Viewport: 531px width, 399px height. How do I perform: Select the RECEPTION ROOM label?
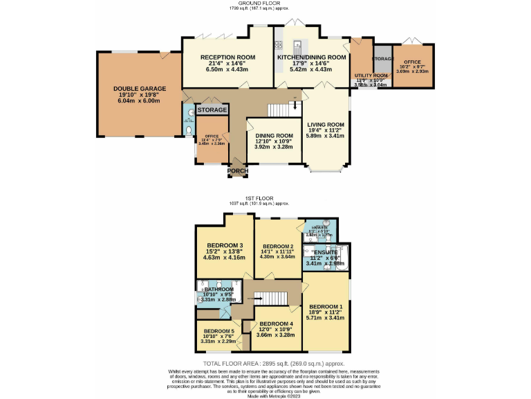pyautogui.click(x=227, y=57)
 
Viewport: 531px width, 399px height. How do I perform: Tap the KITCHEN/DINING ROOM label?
pyautogui.click(x=311, y=57)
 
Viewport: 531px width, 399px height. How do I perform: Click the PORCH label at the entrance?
pyautogui.click(x=238, y=170)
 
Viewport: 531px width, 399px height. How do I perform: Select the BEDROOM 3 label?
pyautogui.click(x=225, y=245)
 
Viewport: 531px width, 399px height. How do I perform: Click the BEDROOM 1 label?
pyautogui.click(x=325, y=306)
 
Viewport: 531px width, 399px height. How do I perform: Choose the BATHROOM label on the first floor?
pyautogui.click(x=219, y=289)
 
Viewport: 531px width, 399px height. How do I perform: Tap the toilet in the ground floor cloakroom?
pyautogui.click(x=188, y=129)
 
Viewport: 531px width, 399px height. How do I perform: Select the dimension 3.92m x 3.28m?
pyautogui.click(x=274, y=147)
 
